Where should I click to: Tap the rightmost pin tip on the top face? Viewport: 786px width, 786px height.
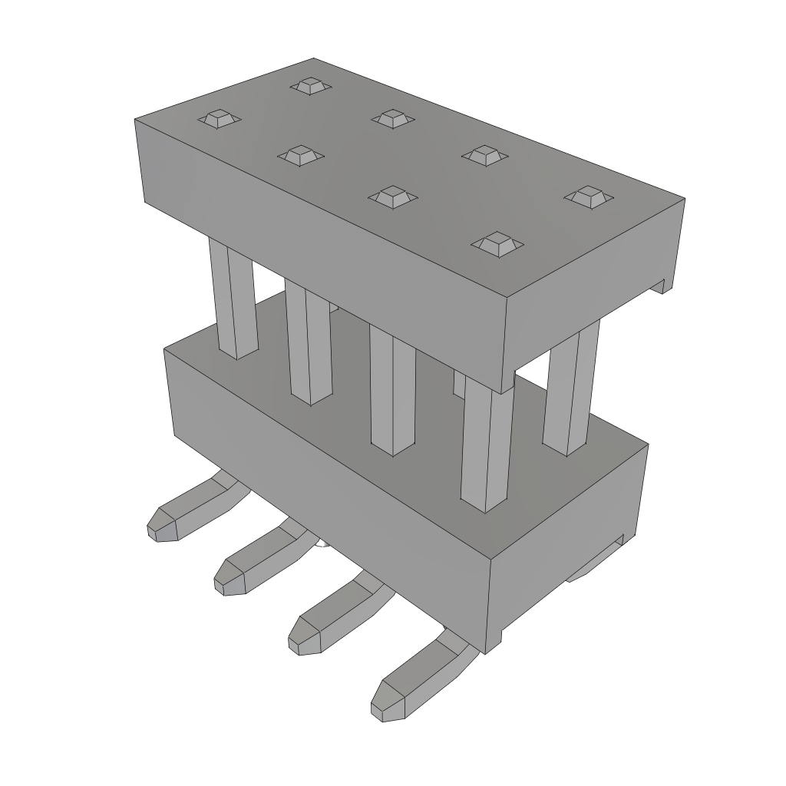tap(589, 196)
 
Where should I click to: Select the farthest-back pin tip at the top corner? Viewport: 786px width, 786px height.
tap(310, 85)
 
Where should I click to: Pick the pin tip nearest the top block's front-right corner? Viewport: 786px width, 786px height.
tap(497, 244)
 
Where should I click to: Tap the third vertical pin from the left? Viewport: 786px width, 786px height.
tap(392, 391)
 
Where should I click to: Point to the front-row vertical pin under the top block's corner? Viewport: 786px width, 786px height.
tap(487, 445)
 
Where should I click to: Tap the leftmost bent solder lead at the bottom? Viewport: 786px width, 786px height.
tap(184, 514)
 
